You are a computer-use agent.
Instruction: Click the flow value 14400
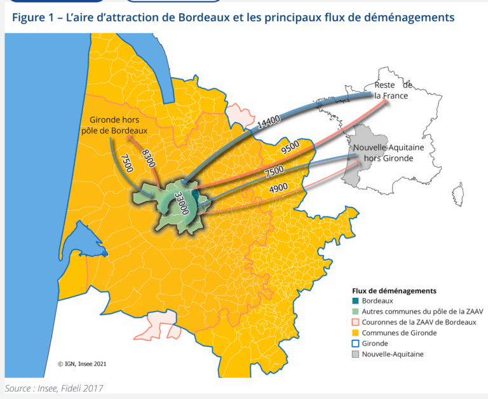coord(269,122)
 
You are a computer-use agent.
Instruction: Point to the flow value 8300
coord(148,157)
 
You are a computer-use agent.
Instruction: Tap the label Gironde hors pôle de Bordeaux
coord(114,125)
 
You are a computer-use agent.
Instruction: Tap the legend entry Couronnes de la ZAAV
coord(418,322)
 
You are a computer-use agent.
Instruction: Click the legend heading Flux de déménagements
coord(394,291)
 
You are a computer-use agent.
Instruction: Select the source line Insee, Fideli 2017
coord(53,388)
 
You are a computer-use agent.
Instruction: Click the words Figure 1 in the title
coord(32,17)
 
